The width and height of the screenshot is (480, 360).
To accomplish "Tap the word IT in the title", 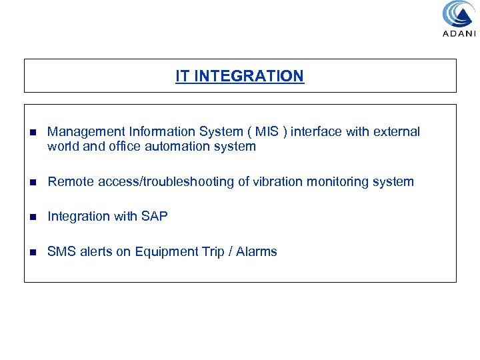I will (182, 76).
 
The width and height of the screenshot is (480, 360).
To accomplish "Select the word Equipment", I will (163, 251).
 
